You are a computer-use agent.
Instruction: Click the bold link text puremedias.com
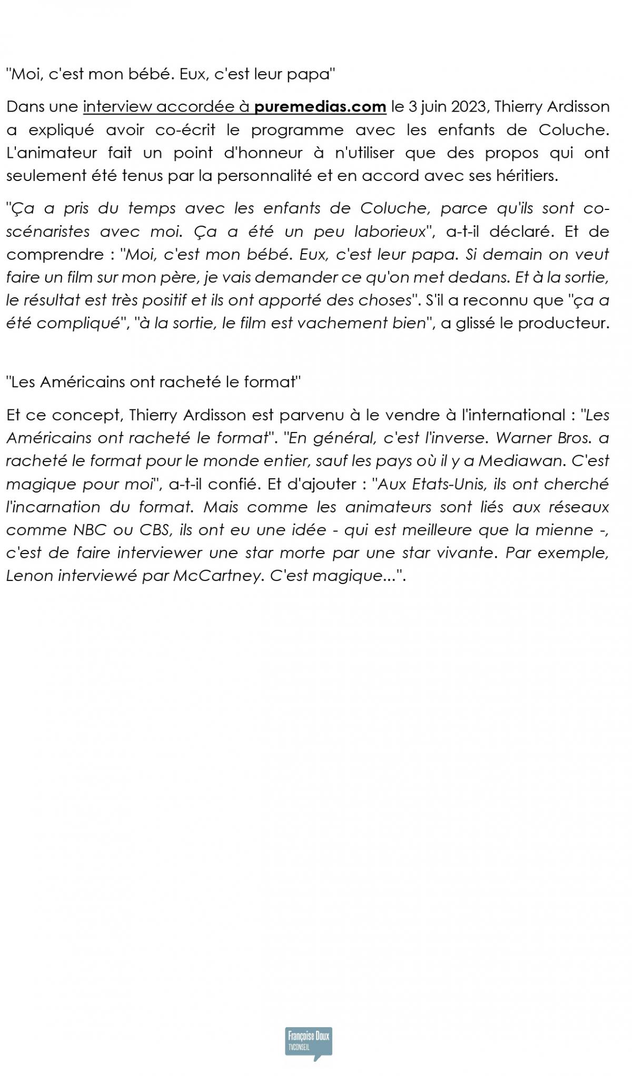320,107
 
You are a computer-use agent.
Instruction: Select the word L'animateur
52,153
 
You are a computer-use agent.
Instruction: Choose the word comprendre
55,255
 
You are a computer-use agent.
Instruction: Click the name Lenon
29,576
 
